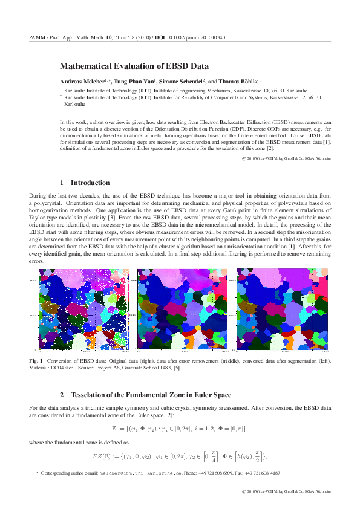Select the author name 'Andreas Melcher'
click(81, 81)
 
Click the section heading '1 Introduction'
click(85, 183)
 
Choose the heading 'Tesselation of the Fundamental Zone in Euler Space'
click(154, 395)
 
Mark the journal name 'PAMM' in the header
click(37, 37)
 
